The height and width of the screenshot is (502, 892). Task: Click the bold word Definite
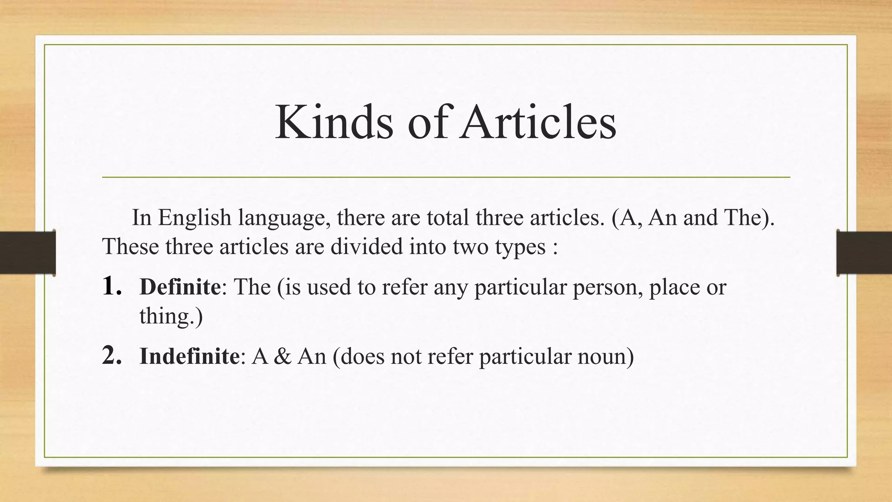tap(180, 287)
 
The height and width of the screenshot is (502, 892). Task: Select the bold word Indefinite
tap(189, 356)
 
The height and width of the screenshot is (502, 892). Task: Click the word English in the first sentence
tap(194, 217)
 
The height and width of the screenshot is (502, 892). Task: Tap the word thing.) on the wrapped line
tap(171, 316)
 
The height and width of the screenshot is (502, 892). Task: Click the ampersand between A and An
tap(283, 356)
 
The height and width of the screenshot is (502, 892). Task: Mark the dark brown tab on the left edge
tap(27, 253)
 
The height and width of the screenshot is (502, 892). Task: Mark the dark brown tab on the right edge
tap(864, 253)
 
